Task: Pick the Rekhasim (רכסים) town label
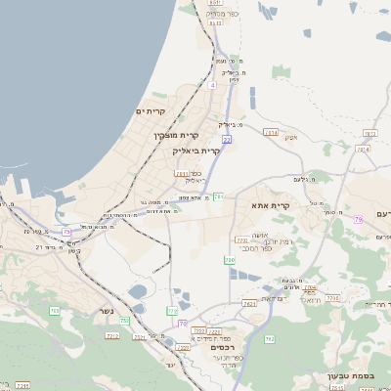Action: tap(225, 347)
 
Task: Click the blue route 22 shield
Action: tap(227, 140)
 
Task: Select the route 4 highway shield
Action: tap(212, 85)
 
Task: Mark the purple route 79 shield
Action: tap(359, 220)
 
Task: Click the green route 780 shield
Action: tap(230, 260)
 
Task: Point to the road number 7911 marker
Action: tap(181, 174)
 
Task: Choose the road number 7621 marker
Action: tap(249, 304)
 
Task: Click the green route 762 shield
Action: tap(270, 339)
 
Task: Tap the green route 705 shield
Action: tap(55, 311)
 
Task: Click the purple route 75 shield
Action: tap(66, 232)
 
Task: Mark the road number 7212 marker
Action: tap(111, 335)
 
